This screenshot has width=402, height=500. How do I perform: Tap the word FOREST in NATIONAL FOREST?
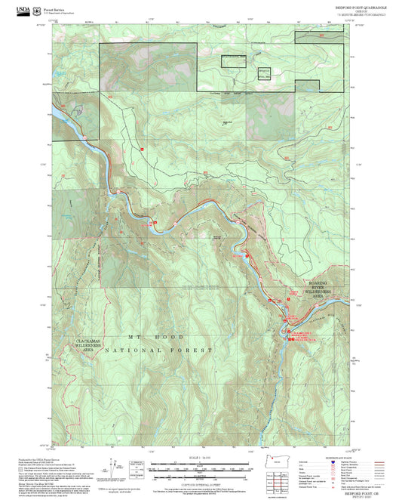[x=195, y=351]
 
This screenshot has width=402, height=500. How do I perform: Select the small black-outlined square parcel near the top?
[x=264, y=73]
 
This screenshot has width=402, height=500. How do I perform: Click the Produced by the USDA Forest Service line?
[x=45, y=458]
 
